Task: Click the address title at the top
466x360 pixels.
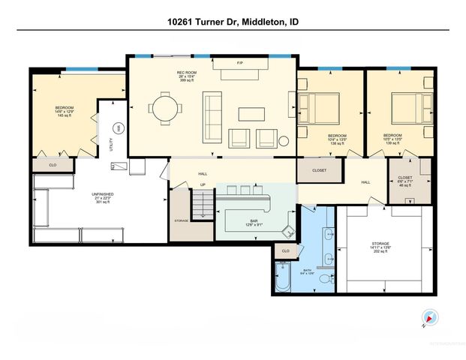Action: [x=233, y=22]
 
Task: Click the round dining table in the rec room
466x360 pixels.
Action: [x=164, y=108]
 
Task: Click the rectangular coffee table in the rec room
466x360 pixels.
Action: [x=251, y=113]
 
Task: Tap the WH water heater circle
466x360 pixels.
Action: [x=117, y=128]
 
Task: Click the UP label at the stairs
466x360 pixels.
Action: [x=202, y=184]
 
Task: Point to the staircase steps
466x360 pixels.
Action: [x=202, y=204]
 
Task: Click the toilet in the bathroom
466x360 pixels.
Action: [x=324, y=278]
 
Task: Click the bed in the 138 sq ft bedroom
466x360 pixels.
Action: [x=319, y=107]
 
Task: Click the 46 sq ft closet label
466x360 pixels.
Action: [x=404, y=182]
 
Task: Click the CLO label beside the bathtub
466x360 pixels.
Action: [x=286, y=250]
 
